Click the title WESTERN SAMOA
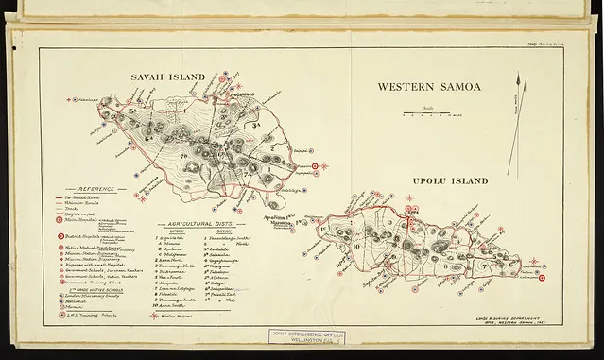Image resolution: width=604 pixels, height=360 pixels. pos(428,86)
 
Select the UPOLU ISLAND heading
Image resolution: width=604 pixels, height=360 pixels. pos(449,180)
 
